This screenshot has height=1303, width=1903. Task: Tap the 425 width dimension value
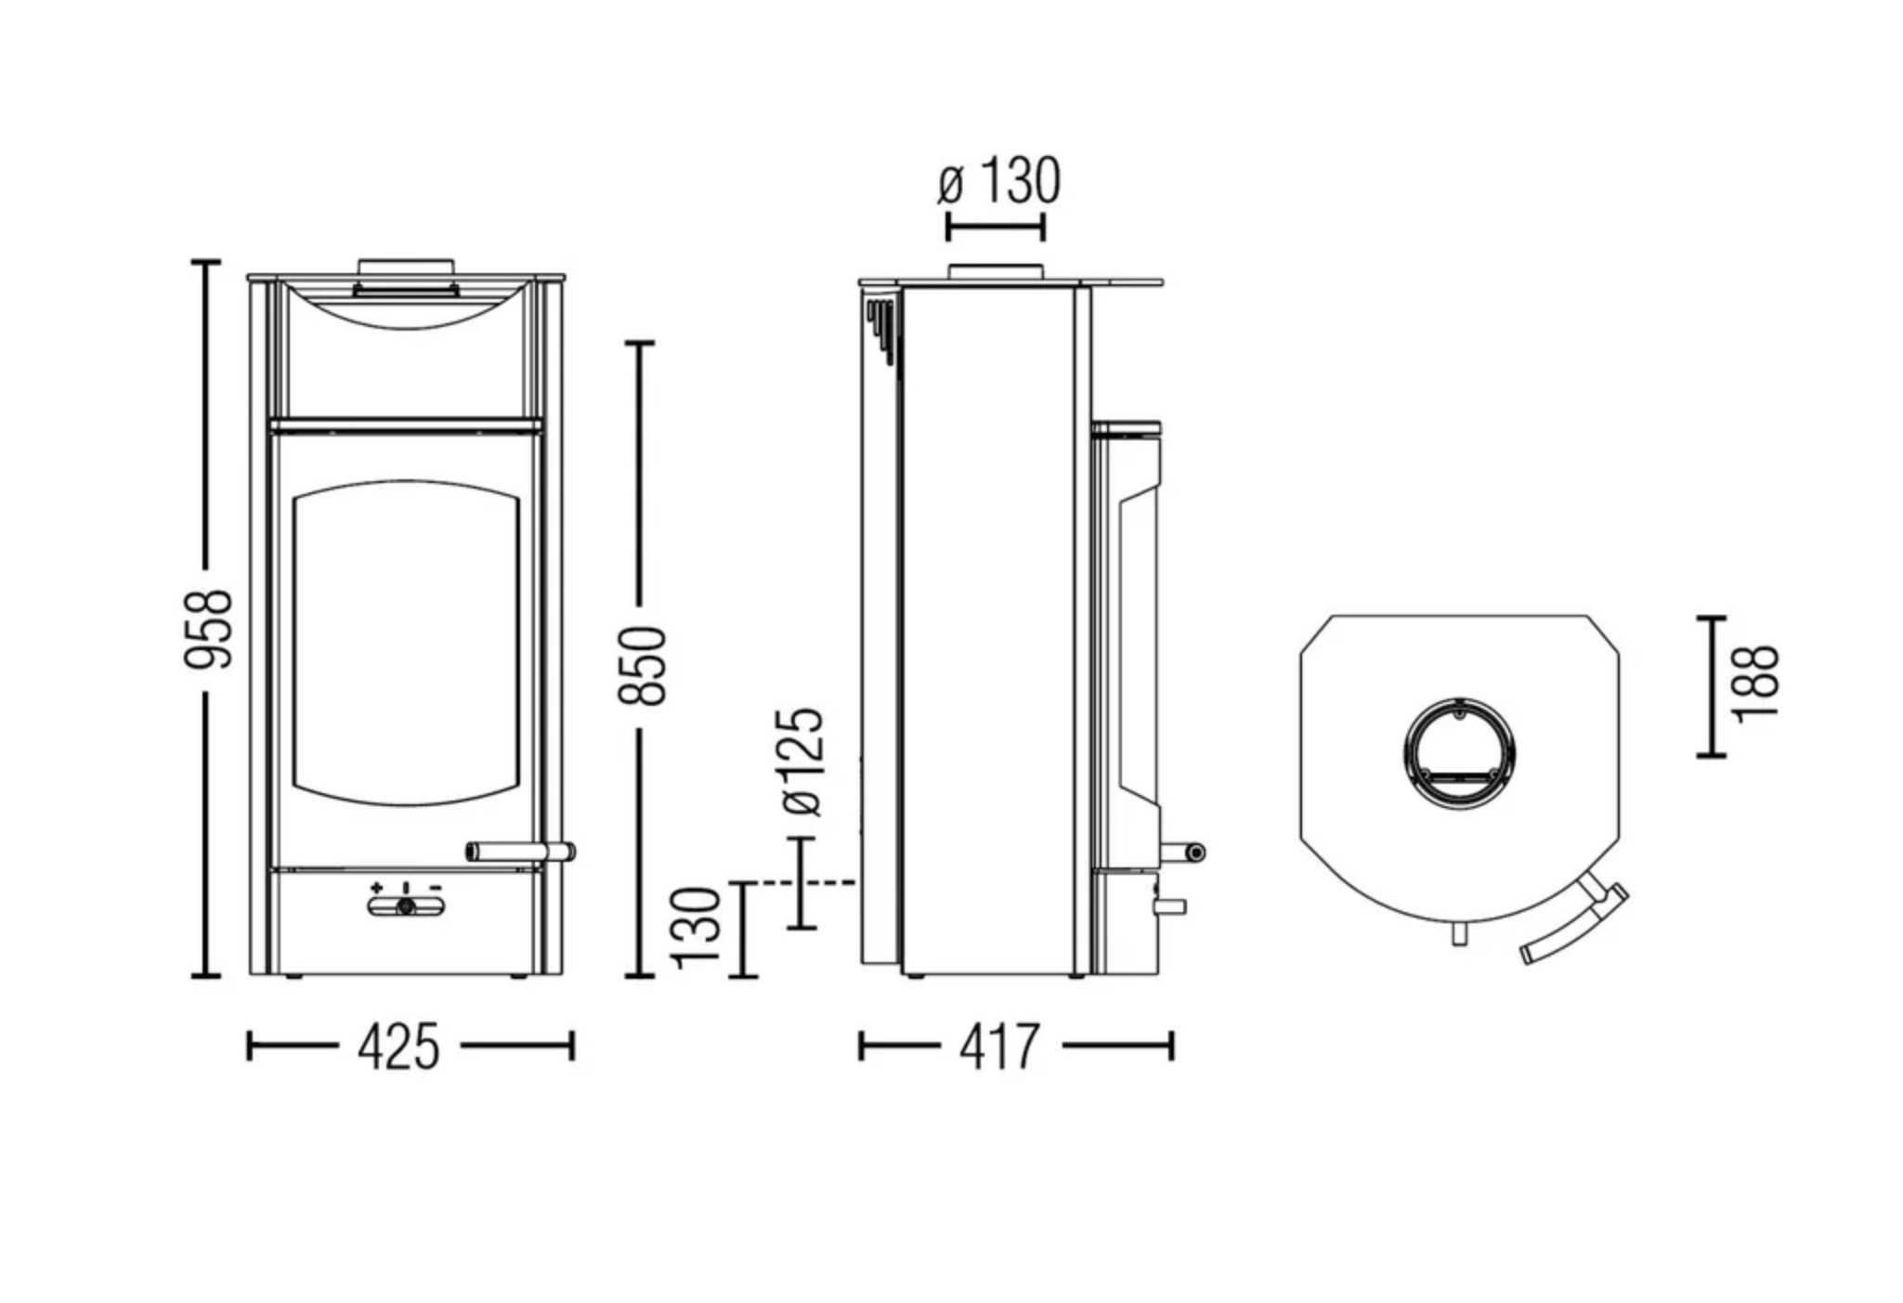click(398, 1048)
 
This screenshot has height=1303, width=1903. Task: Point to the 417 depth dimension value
click(999, 1048)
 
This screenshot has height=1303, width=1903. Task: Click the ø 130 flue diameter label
click(998, 181)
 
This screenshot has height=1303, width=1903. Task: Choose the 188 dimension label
click(1755, 683)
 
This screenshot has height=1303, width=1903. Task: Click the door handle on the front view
click(520, 852)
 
